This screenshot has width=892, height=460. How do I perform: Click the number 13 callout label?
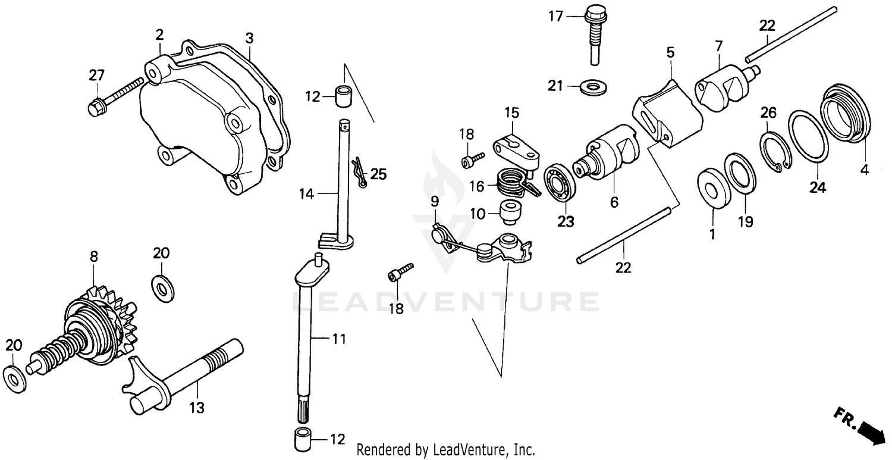(197, 408)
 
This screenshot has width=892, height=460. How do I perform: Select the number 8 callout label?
(94, 256)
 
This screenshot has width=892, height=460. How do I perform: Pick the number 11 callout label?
(338, 340)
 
